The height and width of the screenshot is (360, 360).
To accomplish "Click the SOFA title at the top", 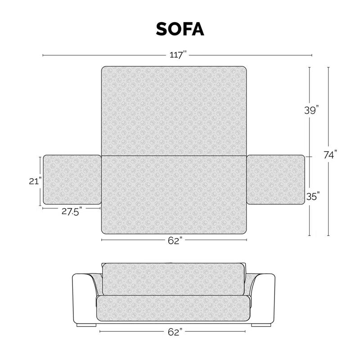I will click(x=180, y=28).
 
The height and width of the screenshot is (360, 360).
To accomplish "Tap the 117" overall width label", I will click(x=177, y=55).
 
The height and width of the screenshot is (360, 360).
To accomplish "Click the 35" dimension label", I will click(x=313, y=196).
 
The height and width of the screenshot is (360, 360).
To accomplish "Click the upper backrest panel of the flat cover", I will click(x=174, y=111).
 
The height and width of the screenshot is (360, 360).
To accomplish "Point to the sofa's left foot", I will click(x=86, y=324).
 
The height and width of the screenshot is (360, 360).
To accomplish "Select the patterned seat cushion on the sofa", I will click(x=174, y=308).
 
